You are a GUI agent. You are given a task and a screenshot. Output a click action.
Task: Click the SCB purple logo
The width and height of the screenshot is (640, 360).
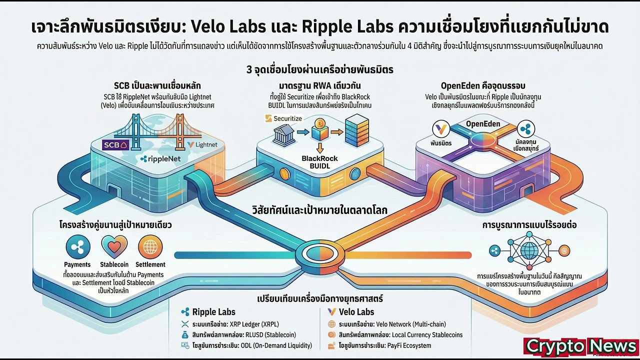(x=115, y=145)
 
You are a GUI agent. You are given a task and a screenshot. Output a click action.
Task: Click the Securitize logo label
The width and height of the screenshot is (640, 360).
(x=282, y=118)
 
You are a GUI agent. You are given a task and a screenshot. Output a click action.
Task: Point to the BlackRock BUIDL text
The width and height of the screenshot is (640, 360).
(x=320, y=161)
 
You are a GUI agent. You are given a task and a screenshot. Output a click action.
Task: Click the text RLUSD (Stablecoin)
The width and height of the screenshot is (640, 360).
(x=268, y=334)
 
